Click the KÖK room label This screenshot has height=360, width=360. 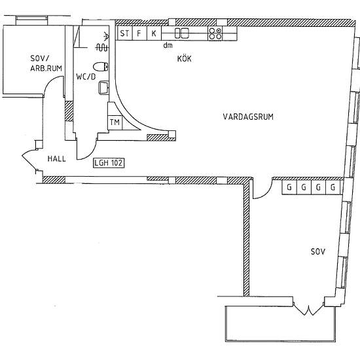[x=184, y=58]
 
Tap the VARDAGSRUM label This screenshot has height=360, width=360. [x=248, y=117]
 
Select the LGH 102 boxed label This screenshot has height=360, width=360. [x=109, y=162]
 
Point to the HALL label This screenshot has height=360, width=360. [x=56, y=158]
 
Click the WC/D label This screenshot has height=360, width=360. [x=86, y=77]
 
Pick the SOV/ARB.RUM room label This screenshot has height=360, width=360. [x=46, y=63]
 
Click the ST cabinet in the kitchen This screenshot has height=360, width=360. [x=124, y=33]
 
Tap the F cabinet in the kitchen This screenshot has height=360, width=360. [x=139, y=33]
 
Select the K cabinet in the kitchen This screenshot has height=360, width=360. [x=154, y=33]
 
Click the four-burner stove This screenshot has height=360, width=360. [x=215, y=33]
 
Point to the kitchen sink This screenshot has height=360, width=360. [x=181, y=33]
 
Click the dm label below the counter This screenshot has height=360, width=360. [x=168, y=45]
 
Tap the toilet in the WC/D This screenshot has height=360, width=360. [x=101, y=67]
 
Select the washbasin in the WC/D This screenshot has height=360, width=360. [x=103, y=87]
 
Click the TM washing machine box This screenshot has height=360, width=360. [x=115, y=122]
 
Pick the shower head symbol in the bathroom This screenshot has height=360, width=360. [x=106, y=35]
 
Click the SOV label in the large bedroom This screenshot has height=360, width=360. [x=318, y=251]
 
